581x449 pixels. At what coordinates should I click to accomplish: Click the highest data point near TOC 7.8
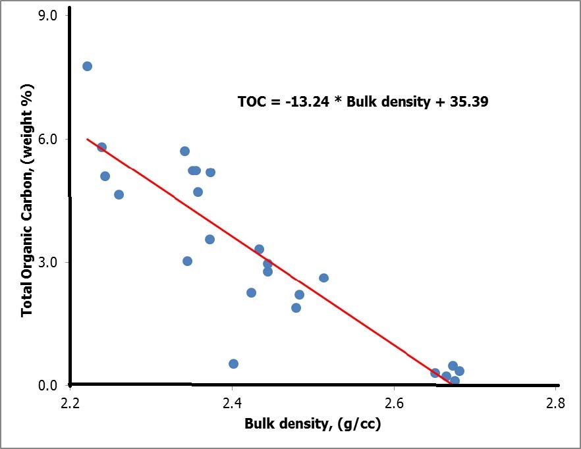[87, 66]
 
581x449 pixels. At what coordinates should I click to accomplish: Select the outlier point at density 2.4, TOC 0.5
[233, 363]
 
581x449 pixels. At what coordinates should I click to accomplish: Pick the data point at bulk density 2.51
[323, 278]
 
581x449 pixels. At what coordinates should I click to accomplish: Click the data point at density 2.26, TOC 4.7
[119, 194]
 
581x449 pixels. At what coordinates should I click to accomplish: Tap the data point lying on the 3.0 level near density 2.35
[187, 261]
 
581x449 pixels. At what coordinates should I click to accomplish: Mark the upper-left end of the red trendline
[87, 139]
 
